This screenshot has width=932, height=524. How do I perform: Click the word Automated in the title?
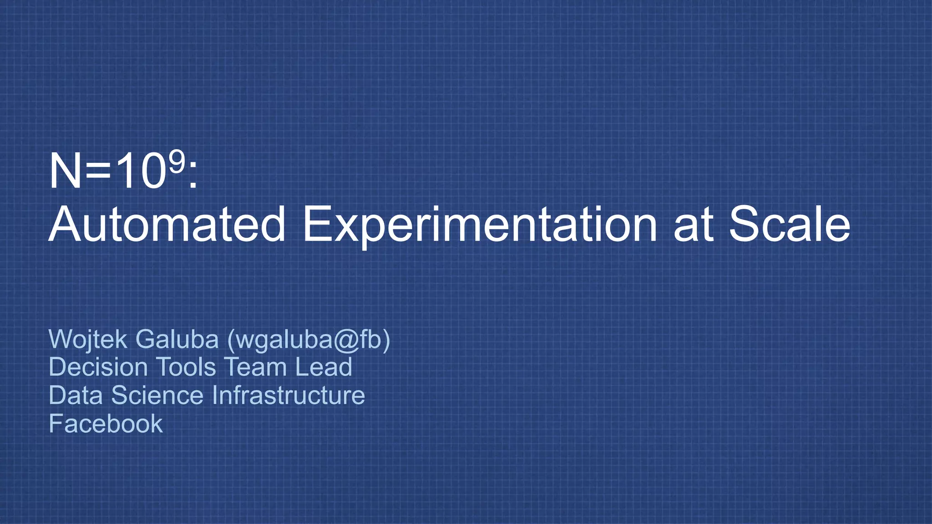pos(167,224)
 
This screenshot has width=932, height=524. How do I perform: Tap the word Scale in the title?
pos(789,224)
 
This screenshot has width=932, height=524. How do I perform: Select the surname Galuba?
pos(177,339)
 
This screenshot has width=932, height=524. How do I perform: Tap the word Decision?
pos(98,367)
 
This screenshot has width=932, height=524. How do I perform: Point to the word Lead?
pos(324,367)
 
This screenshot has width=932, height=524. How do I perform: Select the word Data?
pos(76,395)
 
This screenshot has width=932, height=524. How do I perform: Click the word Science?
pos(157,395)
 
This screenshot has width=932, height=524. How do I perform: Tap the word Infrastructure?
pos(289,395)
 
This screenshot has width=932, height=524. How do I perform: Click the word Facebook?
pos(106,424)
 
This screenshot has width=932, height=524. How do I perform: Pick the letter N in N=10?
pos(65,171)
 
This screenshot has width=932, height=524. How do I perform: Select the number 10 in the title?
pos(139,171)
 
